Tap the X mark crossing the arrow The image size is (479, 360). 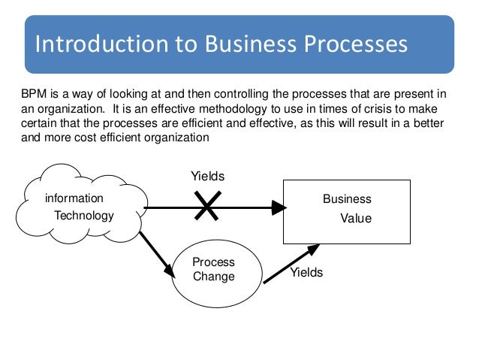click(206, 206)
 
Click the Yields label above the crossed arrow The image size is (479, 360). click(208, 176)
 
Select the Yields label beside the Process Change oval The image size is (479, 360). click(306, 273)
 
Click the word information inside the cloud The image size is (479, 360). click(74, 199)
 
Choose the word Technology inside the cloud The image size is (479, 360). click(84, 216)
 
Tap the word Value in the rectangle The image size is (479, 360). click(356, 219)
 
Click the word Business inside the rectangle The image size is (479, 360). click(347, 199)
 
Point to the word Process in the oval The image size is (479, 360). click(214, 262)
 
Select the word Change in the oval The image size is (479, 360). click(214, 276)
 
